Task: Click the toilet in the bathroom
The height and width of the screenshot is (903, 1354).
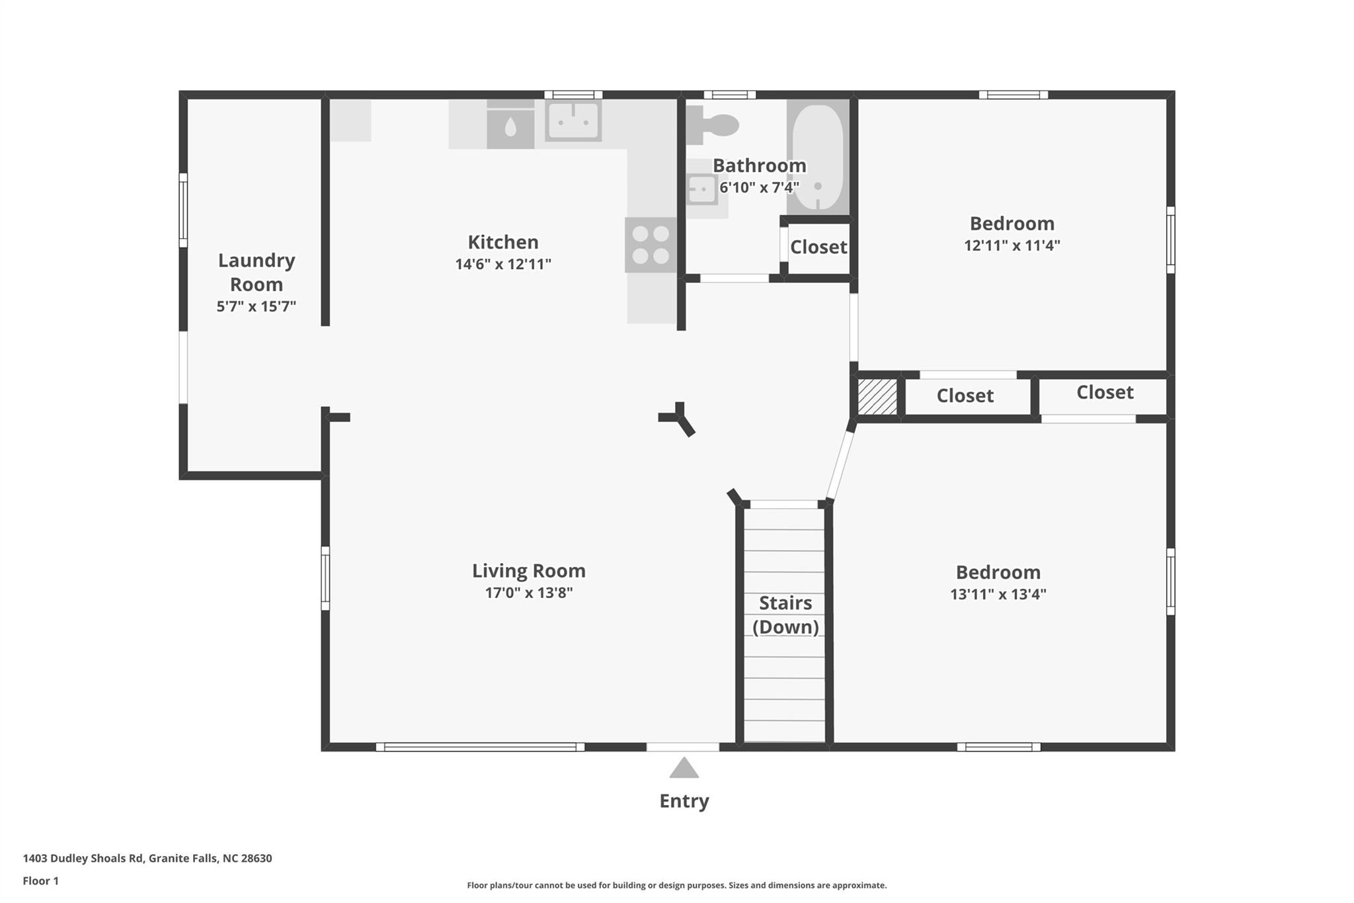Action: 714,125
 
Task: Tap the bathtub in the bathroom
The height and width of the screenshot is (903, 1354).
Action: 818,157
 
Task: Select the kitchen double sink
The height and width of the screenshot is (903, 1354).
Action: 573,121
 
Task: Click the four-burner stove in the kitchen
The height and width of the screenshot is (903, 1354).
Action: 651,245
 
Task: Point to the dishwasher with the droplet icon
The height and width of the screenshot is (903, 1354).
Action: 510,126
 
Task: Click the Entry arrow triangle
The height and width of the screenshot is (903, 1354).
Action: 684,769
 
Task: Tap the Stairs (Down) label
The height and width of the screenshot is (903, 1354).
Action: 785,615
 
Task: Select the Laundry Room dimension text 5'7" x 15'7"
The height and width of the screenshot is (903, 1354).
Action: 256,306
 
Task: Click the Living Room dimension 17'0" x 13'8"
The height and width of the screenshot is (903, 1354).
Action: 528,593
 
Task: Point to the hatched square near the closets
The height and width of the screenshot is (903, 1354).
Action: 877,396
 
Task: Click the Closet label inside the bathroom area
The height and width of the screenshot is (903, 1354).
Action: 818,247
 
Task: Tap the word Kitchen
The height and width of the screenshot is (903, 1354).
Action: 503,241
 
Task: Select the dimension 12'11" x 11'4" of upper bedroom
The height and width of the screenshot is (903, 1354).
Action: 1012,245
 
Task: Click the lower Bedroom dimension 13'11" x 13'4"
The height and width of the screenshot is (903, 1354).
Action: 998,594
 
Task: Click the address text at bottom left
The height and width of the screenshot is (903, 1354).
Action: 147,858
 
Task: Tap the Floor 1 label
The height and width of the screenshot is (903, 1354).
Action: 40,881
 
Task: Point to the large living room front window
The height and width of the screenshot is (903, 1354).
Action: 480,747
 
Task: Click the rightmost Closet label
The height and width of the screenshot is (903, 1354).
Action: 1105,392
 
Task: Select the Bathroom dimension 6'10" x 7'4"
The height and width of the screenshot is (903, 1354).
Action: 759,187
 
